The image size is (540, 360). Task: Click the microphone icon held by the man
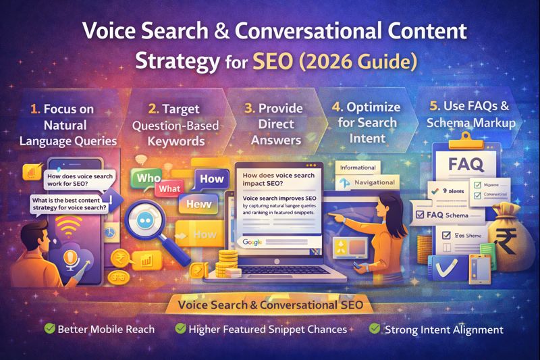(x=71, y=259)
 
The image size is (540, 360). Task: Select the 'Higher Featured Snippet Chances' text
(x=267, y=329)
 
